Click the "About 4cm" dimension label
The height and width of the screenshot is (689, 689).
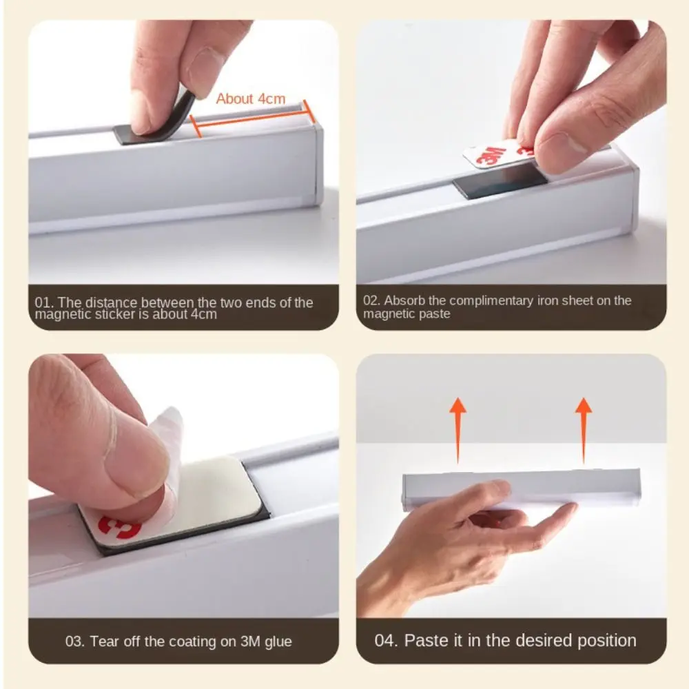point(250,99)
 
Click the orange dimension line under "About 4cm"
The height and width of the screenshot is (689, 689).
point(251,119)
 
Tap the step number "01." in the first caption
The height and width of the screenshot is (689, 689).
point(44,302)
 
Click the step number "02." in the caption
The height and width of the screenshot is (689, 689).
point(372,300)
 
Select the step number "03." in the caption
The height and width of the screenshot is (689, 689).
point(75,641)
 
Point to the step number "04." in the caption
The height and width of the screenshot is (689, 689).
point(387,640)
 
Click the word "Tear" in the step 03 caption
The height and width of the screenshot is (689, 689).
point(103,641)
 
